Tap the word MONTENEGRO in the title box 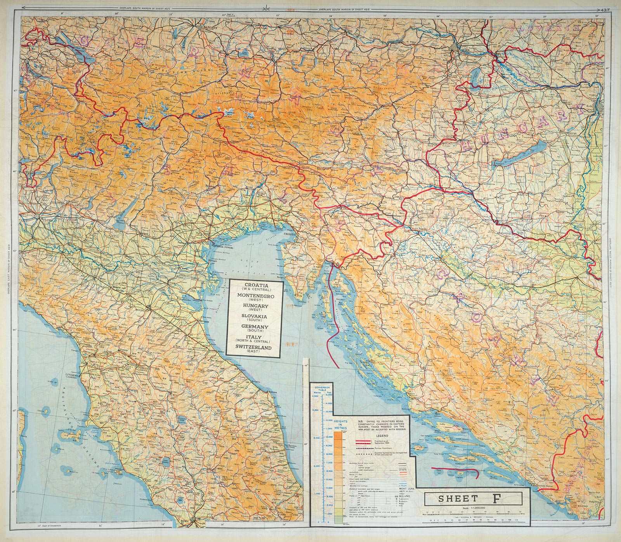point(256,296)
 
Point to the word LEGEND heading point(382,435)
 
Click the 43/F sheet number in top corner point(605,10)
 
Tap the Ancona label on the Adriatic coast point(271,392)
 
